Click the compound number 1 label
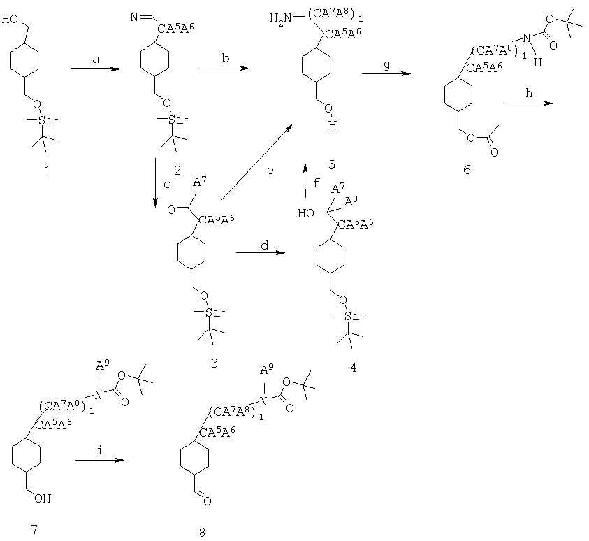(48, 172)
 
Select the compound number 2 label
(177, 171)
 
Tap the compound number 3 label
(214, 363)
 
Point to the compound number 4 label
(353, 368)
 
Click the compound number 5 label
(332, 164)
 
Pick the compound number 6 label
(467, 170)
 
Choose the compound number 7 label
(34, 529)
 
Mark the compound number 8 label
(202, 532)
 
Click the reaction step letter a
(96, 59)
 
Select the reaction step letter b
(226, 58)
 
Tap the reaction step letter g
(387, 64)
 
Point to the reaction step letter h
(529, 93)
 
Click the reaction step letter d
(265, 245)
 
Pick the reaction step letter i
(100, 450)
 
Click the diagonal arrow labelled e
(256, 162)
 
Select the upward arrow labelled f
(306, 180)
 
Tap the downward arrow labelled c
(156, 183)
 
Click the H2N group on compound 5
(280, 18)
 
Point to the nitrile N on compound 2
(134, 17)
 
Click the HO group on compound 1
(10, 19)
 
